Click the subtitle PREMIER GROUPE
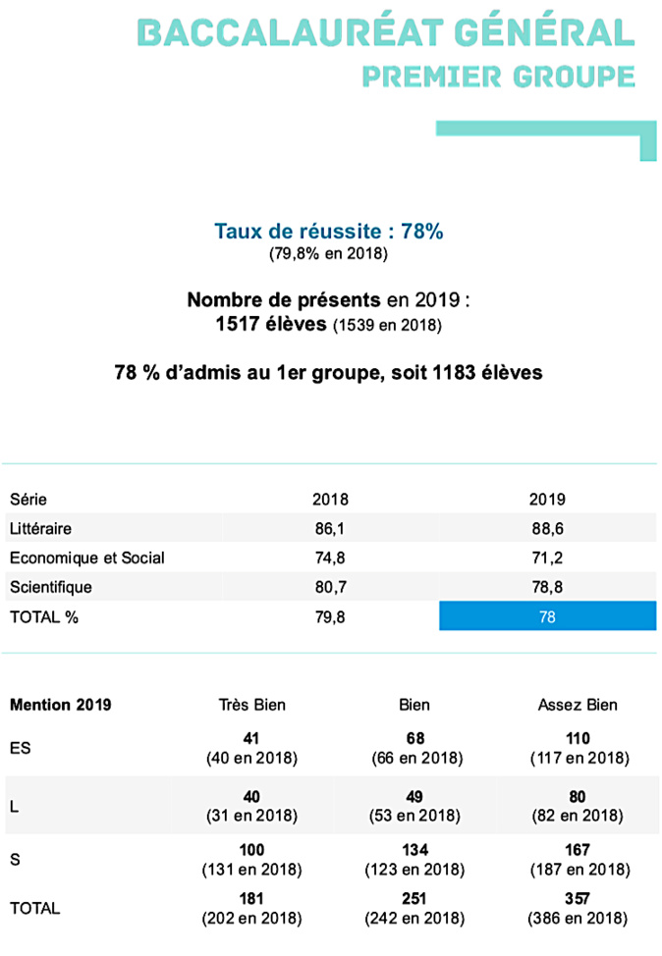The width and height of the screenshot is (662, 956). tap(498, 76)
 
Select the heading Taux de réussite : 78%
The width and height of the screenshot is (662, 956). tap(330, 232)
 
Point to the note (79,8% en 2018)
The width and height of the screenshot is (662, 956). tap(330, 254)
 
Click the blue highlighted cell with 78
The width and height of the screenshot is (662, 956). tap(547, 616)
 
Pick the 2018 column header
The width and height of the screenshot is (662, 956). tap(330, 499)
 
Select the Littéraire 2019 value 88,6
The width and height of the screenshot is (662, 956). tap(547, 528)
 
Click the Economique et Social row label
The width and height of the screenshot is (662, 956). tap(86, 558)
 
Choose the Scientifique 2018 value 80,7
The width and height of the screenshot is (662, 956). tap(330, 587)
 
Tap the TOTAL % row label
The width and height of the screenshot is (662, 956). tap(44, 616)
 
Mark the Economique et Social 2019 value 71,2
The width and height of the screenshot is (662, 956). tap(547, 558)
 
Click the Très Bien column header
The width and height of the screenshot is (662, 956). tap(251, 705)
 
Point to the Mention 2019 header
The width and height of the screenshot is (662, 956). tap(60, 705)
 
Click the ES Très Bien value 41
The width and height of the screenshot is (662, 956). tap(251, 737)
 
